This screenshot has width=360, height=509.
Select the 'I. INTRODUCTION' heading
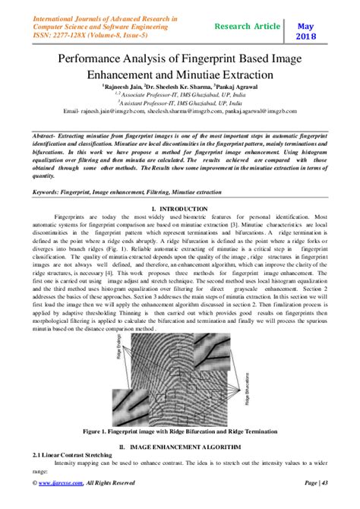click(179, 208)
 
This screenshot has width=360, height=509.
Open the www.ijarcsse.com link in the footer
click(63, 503)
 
